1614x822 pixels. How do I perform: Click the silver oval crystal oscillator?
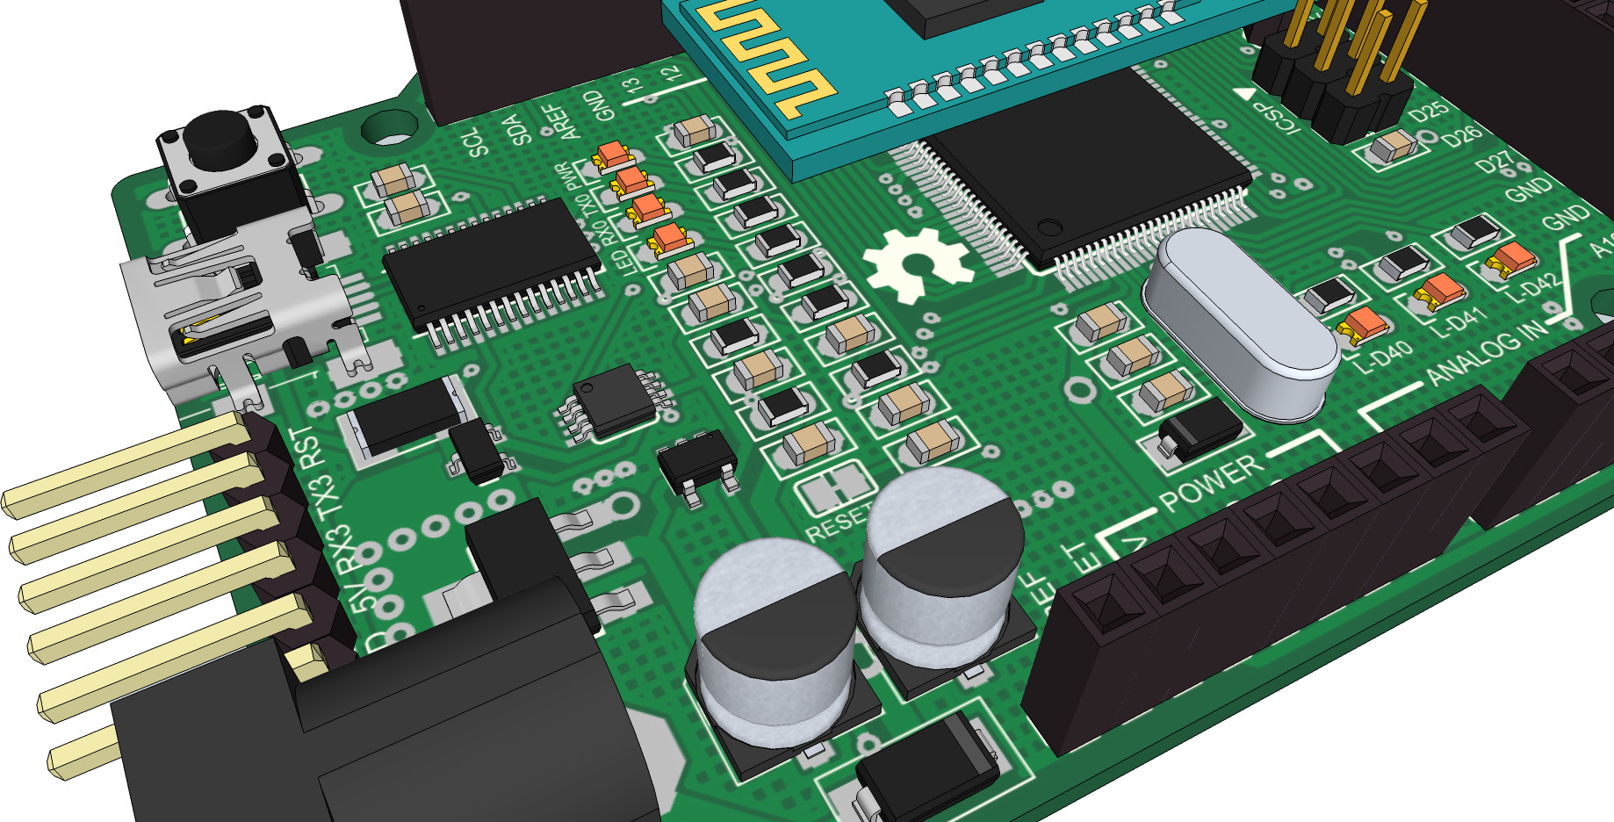pos(1238,321)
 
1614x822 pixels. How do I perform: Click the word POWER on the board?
pos(1212,483)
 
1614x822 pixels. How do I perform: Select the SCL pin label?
pos(476,142)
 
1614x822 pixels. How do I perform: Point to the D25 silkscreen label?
pos(1429,112)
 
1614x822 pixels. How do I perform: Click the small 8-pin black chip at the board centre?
pos(615,400)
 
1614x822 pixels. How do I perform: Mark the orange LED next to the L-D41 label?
pos(1437,291)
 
